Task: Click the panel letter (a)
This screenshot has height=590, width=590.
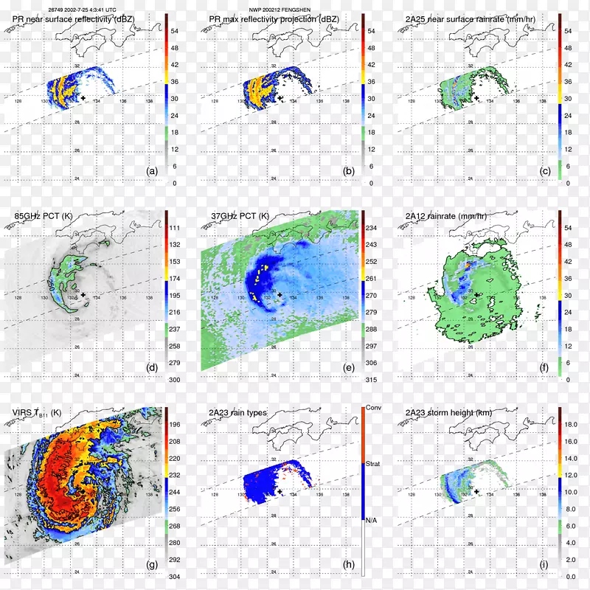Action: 153,171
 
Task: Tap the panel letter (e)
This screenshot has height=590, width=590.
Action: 350,368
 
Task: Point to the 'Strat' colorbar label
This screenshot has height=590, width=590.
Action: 374,464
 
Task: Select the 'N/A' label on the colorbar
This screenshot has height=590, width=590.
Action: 373,519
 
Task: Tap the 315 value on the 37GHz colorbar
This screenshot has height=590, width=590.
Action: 373,379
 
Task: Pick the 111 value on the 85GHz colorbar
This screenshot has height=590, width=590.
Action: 176,229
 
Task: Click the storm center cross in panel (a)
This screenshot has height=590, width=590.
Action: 83,97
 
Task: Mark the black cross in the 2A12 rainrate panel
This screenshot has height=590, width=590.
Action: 476,294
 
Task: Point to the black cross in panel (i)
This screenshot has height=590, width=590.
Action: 476,491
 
